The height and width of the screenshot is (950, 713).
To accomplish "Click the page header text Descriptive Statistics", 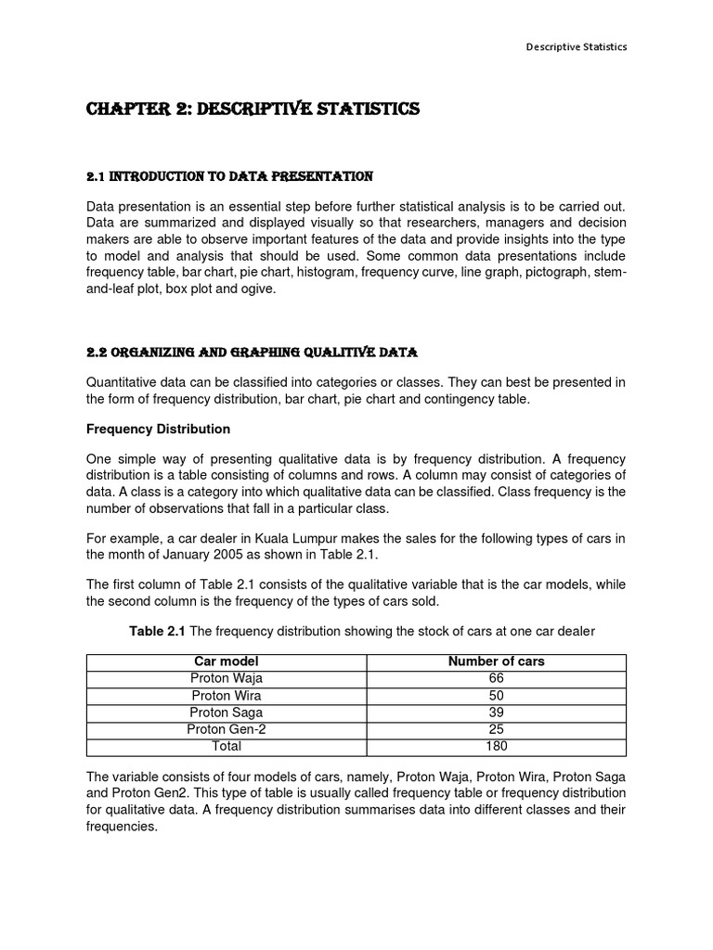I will tap(577, 47).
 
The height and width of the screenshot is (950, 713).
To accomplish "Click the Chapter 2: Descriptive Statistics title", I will tap(253, 109).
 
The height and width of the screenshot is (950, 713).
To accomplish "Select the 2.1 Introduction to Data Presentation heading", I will tap(229, 176).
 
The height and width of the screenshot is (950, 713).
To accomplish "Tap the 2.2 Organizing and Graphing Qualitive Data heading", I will tap(252, 353).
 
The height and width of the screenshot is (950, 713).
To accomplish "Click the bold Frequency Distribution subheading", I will tap(158, 430).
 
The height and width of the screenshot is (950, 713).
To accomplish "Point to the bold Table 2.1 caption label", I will tap(158, 631).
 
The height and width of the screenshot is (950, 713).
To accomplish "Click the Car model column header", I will tap(227, 661).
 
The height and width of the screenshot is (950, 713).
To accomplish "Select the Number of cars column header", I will tap(496, 661).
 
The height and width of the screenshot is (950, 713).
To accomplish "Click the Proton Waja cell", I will tap(227, 678).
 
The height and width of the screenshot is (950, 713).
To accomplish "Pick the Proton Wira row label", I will tap(227, 696).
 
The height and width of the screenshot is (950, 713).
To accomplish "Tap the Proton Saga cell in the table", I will tap(227, 712).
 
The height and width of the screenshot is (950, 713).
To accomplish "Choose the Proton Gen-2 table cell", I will tap(227, 729).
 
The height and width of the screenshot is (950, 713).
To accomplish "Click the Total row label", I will tap(227, 746).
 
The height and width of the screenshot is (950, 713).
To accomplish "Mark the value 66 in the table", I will tap(496, 678).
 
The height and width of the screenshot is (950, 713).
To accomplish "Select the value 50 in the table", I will tap(496, 696).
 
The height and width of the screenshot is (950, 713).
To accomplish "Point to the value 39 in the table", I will tap(496, 712).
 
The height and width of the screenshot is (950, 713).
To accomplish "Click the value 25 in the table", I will tap(496, 729).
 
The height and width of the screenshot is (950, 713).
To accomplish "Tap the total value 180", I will tap(496, 746).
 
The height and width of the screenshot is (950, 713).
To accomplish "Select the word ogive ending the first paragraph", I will tap(258, 289).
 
